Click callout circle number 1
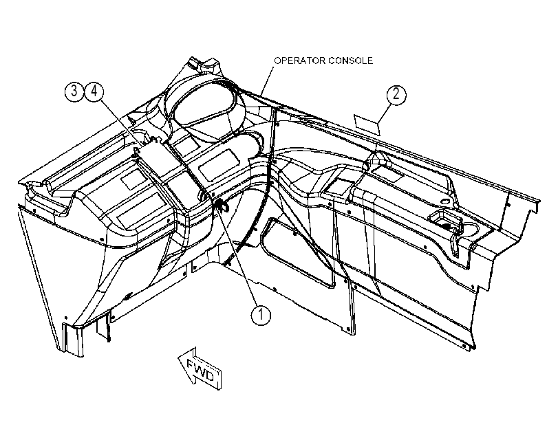261,315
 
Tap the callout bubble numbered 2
396,95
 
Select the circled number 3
74,91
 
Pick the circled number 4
94,91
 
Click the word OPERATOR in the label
299,60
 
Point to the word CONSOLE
350,60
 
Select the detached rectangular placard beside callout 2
367,124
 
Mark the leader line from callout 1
239,257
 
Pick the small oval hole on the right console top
445,201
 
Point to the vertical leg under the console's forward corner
73,338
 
